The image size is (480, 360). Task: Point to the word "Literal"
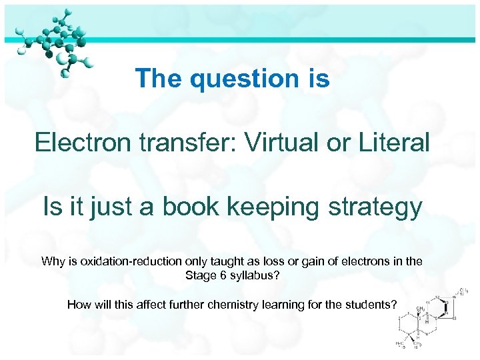click(x=395, y=142)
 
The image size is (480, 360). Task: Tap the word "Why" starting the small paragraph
click(x=53, y=261)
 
